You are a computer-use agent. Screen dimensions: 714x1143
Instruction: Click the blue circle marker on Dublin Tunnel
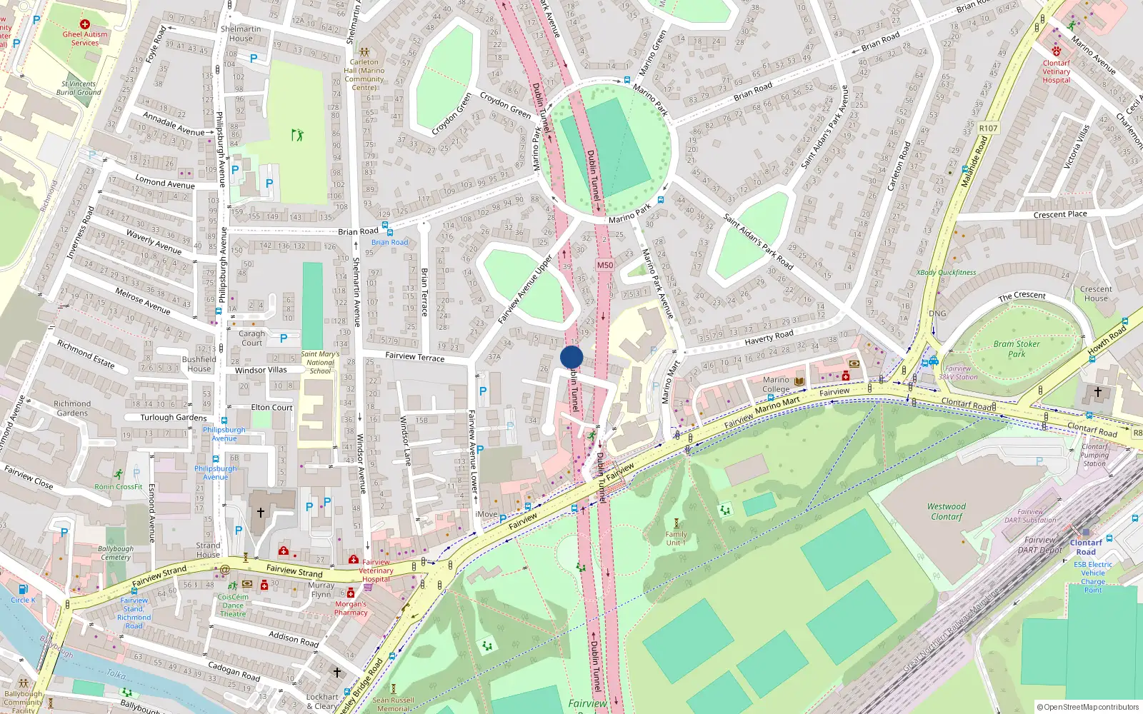click(x=571, y=357)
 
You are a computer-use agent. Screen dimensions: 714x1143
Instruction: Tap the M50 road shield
click(x=604, y=265)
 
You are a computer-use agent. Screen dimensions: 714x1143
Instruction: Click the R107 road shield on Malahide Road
click(x=989, y=129)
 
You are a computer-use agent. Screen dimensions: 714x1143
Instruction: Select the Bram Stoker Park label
click(x=1017, y=348)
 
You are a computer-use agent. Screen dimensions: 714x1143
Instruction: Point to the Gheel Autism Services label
click(x=85, y=38)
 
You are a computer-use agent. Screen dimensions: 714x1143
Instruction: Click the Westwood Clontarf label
click(x=947, y=511)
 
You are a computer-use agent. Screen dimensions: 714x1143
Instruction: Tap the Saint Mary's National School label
click(x=320, y=362)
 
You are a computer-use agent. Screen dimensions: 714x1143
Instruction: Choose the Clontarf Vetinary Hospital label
click(x=1056, y=71)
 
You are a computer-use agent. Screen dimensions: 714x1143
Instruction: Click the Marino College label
click(x=776, y=384)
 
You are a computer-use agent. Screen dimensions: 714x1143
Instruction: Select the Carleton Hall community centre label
click(x=364, y=74)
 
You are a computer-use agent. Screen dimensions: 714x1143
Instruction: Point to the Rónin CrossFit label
click(x=119, y=487)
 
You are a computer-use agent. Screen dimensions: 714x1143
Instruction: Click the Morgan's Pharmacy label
click(x=351, y=608)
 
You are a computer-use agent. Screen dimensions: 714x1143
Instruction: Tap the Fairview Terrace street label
click(x=414, y=356)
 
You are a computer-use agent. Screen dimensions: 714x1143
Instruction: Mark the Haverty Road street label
click(x=769, y=337)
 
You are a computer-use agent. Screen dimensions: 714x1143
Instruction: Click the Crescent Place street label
click(x=1060, y=214)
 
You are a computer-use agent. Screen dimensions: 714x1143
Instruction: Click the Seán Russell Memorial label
click(x=393, y=704)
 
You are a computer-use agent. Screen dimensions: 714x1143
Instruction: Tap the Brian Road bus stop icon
click(x=386, y=226)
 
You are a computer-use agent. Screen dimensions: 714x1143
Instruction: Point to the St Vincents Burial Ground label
click(x=79, y=88)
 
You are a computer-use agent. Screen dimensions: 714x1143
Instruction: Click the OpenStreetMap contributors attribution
click(x=1087, y=707)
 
